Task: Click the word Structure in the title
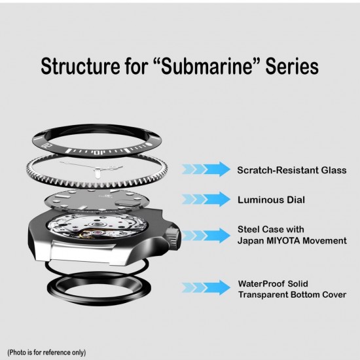(81, 66)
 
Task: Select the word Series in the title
(292, 66)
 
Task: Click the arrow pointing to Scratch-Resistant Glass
(206, 170)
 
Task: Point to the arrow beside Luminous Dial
(206, 199)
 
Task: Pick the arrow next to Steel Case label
(206, 235)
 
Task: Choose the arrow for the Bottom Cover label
(206, 287)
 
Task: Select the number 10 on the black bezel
(98, 153)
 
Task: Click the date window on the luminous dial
(122, 202)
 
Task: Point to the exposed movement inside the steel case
(96, 227)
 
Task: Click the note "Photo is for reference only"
(46, 352)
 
